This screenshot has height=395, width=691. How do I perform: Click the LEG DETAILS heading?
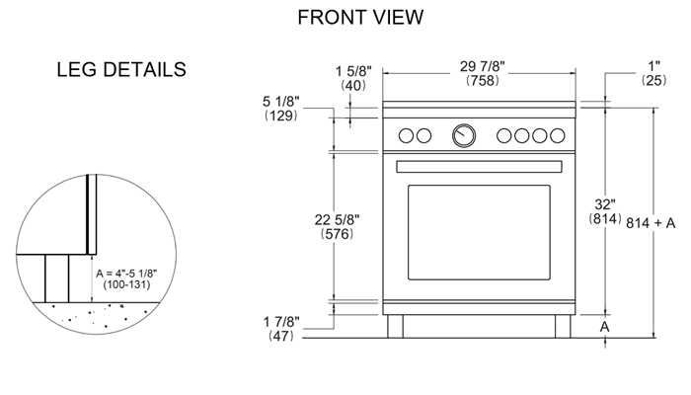pyautogui.click(x=122, y=70)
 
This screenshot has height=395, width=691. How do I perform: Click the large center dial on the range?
pyautogui.click(x=463, y=136)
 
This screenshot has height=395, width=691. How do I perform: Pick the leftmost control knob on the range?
pyautogui.click(x=406, y=136)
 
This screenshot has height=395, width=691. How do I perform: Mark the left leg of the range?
pyautogui.click(x=395, y=326)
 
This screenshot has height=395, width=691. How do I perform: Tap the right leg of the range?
pyautogui.click(x=563, y=326)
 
